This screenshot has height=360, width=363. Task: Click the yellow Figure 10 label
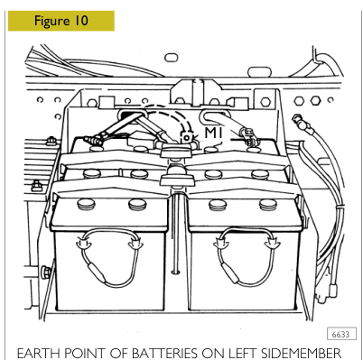pos(61,21)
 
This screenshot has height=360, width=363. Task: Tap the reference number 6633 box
pos(341,334)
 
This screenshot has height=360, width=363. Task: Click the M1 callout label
pos(213,133)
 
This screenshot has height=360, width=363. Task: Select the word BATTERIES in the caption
pos(163,354)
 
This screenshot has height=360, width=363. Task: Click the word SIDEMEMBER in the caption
pos(301,354)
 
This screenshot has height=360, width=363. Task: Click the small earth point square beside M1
pos(187,137)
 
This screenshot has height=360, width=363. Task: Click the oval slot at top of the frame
pos(172,57)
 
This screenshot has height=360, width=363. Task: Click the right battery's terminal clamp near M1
pos(247,135)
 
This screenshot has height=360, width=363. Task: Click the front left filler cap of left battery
pos(86,205)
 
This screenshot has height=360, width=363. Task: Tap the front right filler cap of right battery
pos(268,205)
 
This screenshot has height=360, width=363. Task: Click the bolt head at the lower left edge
pos(46,272)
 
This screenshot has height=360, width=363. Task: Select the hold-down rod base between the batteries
pos(175,272)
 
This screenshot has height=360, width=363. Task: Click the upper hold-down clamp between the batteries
pos(176,151)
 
